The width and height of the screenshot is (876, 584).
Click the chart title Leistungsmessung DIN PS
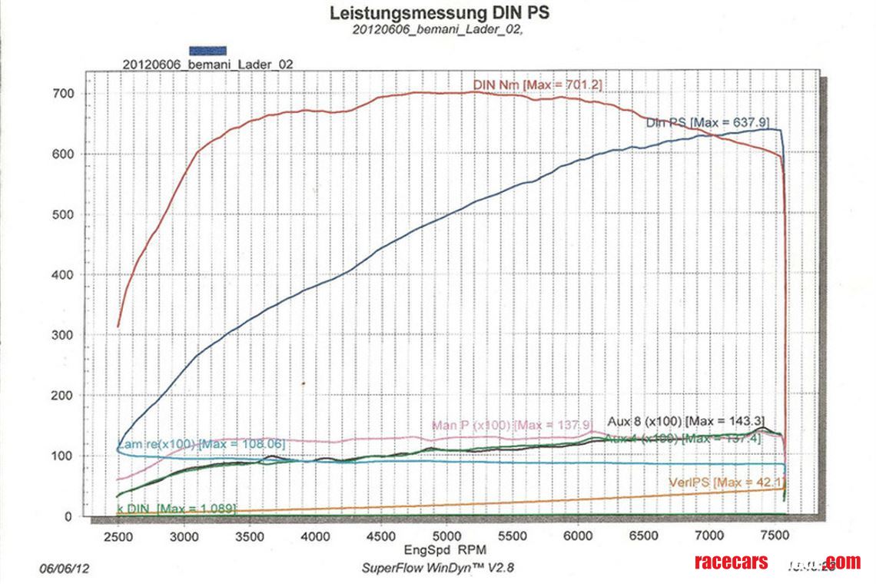coord(439,13)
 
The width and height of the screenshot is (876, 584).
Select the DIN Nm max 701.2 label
coord(537,84)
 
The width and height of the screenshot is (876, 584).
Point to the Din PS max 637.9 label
coord(707,121)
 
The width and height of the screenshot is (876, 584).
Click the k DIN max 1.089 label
coord(176,509)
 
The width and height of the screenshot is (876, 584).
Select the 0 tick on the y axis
coord(68,517)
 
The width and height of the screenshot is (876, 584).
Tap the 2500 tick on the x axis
coord(118,536)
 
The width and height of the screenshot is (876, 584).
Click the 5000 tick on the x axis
coord(446,536)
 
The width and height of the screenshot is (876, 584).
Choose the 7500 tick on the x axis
coord(774,536)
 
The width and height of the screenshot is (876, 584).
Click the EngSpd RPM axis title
coord(446,551)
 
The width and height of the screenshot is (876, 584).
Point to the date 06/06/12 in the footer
coord(64,569)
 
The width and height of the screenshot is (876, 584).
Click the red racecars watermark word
coord(730,562)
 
